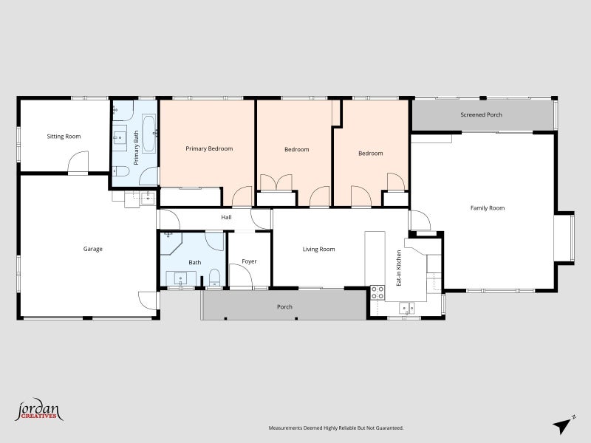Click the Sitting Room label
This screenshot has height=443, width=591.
(64, 137)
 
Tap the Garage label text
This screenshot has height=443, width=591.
(92, 249)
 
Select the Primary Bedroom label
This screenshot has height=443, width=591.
(209, 149)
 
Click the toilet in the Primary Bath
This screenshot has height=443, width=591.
(122, 172)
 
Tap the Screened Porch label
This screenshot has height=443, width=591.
(481, 115)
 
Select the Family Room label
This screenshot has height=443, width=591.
(488, 208)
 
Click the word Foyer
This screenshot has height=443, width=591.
(249, 261)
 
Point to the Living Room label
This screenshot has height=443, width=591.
(318, 250)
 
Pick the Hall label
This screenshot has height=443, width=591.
(227, 218)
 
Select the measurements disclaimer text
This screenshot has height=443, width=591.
(335, 427)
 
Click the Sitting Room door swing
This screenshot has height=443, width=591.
(78, 163)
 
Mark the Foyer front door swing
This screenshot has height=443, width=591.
(241, 276)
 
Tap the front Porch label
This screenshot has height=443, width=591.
(284, 307)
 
